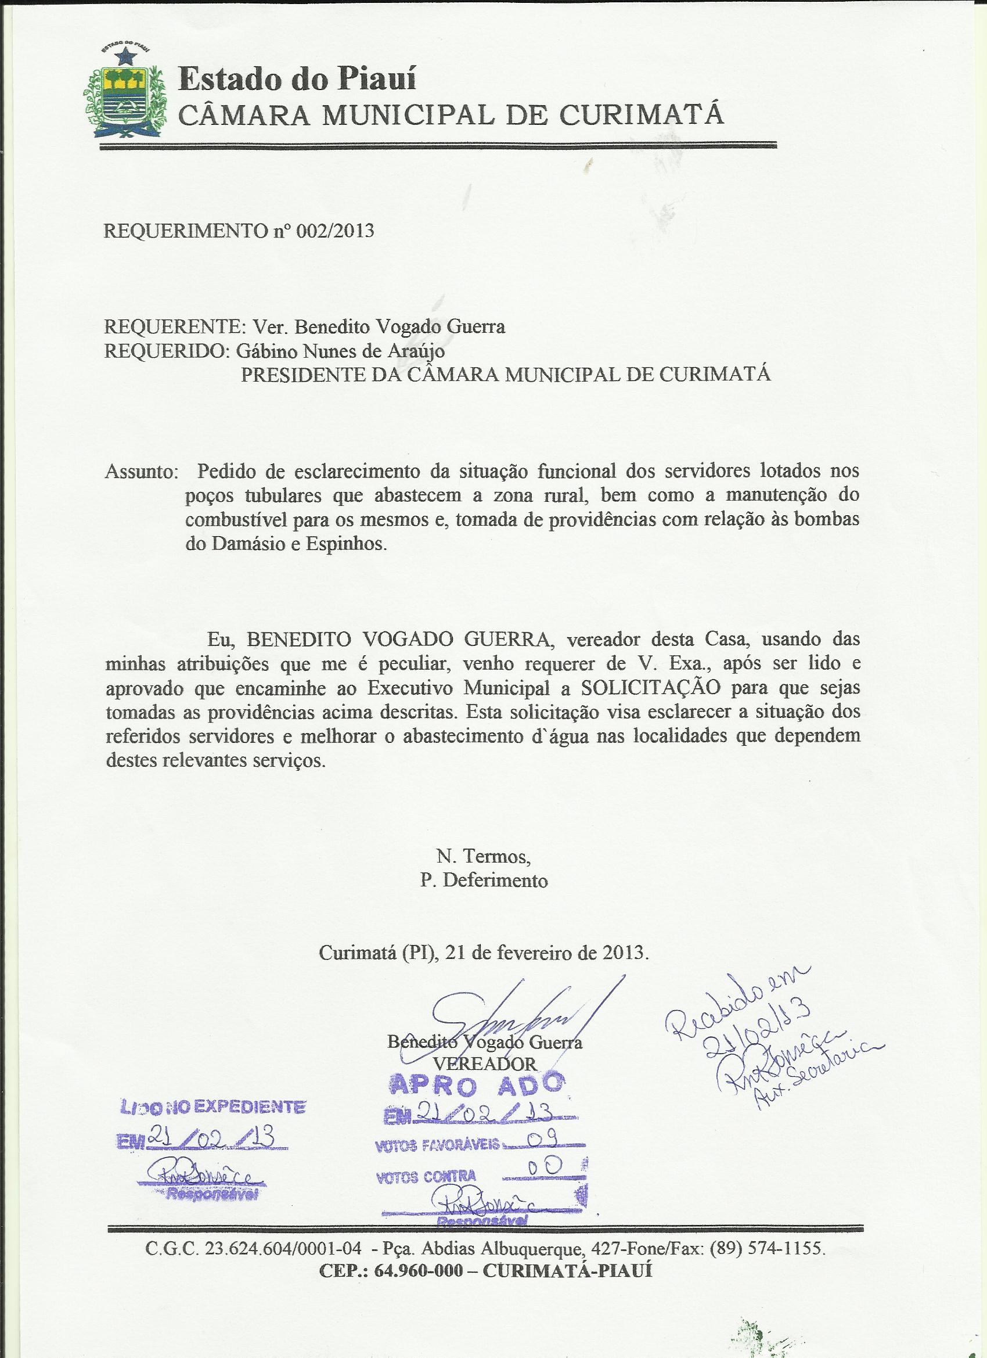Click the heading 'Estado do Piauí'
[x=297, y=79]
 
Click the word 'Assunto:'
[x=141, y=472]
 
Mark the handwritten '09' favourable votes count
[x=545, y=1147]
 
